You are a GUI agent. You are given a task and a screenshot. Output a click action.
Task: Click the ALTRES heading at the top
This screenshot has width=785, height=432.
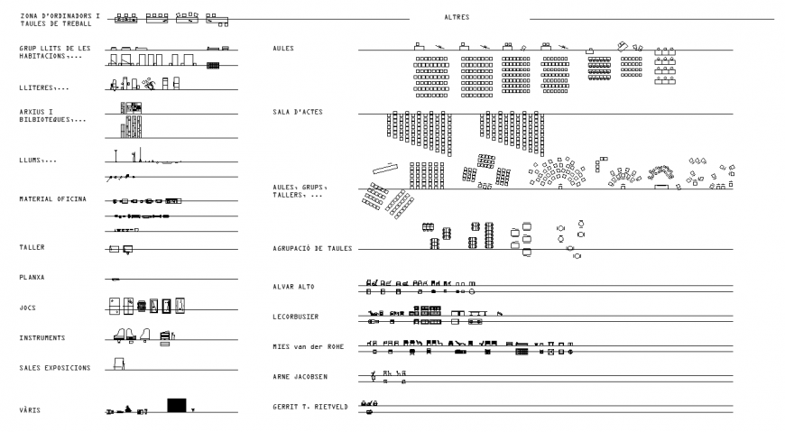point(457,17)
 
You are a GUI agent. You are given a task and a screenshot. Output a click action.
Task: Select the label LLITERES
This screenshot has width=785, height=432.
point(43,88)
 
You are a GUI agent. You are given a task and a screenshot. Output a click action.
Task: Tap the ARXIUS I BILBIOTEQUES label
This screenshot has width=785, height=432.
point(52,115)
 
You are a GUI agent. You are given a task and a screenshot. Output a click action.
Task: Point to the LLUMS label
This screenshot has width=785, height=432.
point(38,160)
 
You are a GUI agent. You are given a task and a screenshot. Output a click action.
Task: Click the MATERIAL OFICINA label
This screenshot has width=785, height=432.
point(53,198)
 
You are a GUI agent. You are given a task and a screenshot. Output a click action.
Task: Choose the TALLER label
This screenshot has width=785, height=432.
point(32,246)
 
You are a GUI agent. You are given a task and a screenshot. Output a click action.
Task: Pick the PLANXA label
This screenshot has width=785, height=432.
point(32,277)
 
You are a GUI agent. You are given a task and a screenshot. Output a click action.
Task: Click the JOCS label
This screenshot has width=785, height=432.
point(28,307)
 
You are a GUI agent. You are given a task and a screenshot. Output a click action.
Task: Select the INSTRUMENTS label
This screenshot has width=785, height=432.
point(42,338)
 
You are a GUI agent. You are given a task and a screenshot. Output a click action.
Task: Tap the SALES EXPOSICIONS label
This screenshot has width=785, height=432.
point(55,368)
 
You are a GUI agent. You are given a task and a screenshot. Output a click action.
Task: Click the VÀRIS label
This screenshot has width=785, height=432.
point(30,410)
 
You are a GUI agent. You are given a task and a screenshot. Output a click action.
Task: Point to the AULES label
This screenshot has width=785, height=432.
point(282,48)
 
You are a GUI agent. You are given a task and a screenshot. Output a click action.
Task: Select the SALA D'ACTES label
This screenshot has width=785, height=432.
point(298,112)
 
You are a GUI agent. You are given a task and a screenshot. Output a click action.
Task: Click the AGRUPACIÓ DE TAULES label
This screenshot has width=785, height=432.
point(312,247)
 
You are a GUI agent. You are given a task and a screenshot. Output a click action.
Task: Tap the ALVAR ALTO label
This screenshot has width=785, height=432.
point(294,287)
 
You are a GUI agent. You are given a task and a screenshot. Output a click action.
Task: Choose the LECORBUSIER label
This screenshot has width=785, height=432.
point(295,317)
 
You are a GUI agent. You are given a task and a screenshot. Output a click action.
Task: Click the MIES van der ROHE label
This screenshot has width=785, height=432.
point(308,346)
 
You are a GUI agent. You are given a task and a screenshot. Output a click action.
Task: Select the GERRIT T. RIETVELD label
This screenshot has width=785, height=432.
point(309,407)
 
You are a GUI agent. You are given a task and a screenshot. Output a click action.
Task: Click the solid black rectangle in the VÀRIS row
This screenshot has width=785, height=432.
point(177,405)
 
